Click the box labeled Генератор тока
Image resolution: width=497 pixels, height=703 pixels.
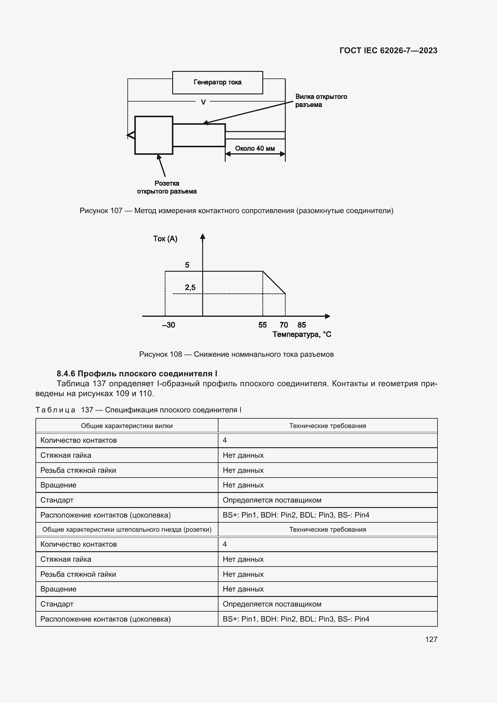(x=217, y=82)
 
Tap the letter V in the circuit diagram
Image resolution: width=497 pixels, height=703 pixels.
(x=203, y=102)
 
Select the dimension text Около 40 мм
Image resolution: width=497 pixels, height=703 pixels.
(x=255, y=148)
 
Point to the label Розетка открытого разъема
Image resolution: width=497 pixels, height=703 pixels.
(x=167, y=187)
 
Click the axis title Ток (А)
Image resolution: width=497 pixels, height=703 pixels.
(x=165, y=239)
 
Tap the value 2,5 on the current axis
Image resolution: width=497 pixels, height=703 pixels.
(x=190, y=287)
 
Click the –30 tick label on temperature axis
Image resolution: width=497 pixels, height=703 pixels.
(x=169, y=325)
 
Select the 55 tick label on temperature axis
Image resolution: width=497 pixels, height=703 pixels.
(x=262, y=325)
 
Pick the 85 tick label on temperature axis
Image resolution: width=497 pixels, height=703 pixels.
(x=301, y=325)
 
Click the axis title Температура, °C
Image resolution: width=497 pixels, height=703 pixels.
(x=301, y=334)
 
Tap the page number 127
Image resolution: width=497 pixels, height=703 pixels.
(x=431, y=639)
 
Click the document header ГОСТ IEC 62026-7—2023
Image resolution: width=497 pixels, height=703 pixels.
(x=388, y=50)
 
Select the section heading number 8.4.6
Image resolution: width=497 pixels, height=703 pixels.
(x=66, y=374)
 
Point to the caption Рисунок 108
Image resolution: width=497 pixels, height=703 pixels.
(x=160, y=354)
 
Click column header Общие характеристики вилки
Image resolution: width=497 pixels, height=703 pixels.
(x=127, y=426)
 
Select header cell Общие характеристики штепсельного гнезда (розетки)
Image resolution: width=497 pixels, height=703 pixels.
(x=127, y=530)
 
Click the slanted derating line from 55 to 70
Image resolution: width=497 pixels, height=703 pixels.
(x=274, y=283)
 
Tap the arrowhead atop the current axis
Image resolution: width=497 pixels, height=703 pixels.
(x=203, y=236)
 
